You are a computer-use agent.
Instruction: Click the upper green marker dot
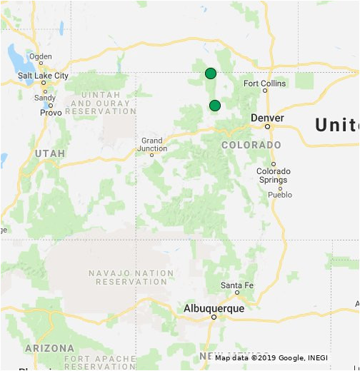tap(210, 73)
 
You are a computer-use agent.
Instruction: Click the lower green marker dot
tap(214, 106)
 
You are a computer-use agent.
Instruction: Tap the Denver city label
tap(268, 118)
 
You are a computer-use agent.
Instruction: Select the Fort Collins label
tap(264, 83)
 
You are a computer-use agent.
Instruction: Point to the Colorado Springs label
tap(274, 176)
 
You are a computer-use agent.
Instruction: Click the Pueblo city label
tap(280, 195)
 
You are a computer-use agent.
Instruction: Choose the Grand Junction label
tap(154, 145)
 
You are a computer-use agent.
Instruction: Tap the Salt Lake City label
tap(44, 76)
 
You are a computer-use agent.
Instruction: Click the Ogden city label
tap(40, 56)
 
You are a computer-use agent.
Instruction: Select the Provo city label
tap(51, 113)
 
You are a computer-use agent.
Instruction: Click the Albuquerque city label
tap(214, 309)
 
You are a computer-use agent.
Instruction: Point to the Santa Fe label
tap(235, 285)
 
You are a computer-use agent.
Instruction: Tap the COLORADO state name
tap(251, 145)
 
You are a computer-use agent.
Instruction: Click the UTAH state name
tap(49, 153)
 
